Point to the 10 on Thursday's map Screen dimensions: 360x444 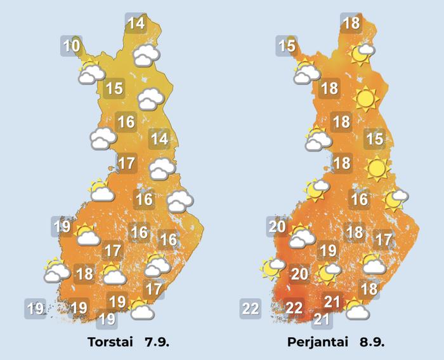(72, 46)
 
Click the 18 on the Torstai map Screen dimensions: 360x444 (84, 274)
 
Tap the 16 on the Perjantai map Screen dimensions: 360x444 (360, 199)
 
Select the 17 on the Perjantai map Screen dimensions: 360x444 (382, 240)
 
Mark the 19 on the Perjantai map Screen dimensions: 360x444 (327, 250)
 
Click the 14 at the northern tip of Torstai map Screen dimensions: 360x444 (136, 24)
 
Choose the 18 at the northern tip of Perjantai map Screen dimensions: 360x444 (351, 24)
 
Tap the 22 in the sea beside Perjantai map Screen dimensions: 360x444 (251, 309)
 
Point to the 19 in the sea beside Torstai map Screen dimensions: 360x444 (35, 309)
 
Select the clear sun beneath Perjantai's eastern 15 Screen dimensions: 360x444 (377, 168)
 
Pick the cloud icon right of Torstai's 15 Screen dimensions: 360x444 (150, 99)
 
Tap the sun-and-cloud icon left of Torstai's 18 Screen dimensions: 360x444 (56, 271)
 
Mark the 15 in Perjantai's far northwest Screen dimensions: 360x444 (287, 46)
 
